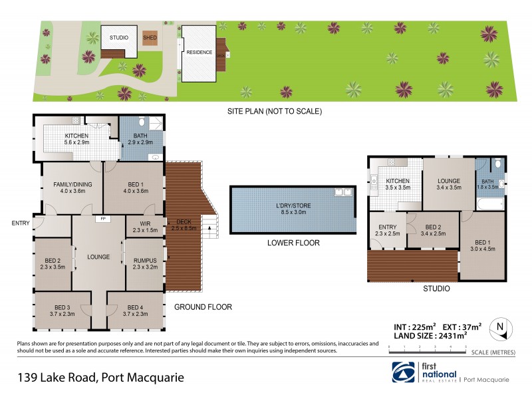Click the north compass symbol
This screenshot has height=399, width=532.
tap(499, 327)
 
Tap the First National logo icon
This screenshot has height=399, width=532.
tap(404, 372)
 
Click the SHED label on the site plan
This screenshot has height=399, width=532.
tap(150, 38)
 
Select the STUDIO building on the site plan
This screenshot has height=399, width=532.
tap(119, 39)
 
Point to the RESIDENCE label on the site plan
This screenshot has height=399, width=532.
tap(199, 52)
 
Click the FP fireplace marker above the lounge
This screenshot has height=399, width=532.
tap(102, 218)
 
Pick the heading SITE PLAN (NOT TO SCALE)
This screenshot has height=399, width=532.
tap(275, 111)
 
